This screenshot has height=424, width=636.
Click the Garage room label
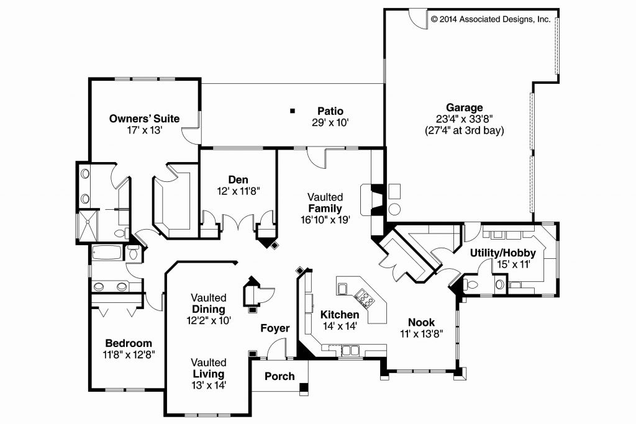coord(460,107)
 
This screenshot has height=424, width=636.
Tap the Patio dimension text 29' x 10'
coord(330,122)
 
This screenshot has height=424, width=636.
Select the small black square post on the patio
coord(291,111)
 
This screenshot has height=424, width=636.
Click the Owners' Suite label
coord(144,118)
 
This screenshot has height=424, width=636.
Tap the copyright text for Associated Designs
coord(491,19)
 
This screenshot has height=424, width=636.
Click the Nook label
coord(421,322)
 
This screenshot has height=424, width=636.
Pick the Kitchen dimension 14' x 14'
coord(340,326)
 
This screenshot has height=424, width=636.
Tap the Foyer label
coord(275,328)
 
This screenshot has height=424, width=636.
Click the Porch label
coord(279,376)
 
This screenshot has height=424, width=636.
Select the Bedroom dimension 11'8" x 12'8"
coord(129,354)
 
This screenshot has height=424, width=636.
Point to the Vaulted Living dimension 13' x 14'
coord(209,385)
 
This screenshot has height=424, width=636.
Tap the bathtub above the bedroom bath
coord(107,254)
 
